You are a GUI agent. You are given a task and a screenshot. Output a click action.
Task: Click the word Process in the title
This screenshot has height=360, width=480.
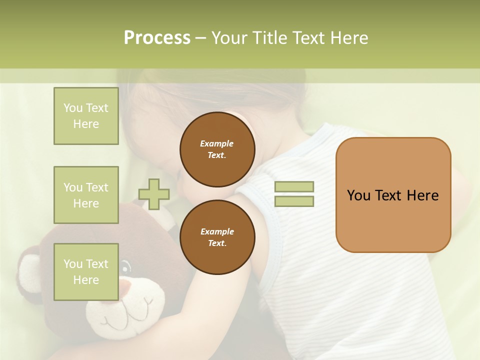(157, 38)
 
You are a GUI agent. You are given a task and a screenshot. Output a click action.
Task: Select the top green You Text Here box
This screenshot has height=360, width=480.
(86, 116)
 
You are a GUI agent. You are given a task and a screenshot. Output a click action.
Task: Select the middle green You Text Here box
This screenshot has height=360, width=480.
(86, 195)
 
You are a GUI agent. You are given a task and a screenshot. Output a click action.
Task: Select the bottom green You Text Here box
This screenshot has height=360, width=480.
(86, 271)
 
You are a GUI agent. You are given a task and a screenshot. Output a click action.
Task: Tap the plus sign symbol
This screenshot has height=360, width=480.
(154, 194)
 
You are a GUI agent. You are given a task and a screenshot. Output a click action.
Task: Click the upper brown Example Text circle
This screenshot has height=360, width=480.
(217, 149)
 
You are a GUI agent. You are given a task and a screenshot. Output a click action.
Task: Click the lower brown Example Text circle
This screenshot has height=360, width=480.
(217, 237)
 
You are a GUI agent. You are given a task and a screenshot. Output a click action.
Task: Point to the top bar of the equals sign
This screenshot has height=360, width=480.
(294, 186)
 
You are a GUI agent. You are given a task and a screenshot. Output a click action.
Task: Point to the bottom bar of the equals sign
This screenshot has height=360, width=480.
(294, 201)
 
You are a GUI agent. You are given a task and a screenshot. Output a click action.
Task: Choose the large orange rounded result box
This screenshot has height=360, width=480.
(393, 195)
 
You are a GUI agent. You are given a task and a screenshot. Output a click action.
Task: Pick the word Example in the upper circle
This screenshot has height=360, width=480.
(217, 143)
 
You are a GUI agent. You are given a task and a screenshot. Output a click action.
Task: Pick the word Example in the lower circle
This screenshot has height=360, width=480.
(217, 231)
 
